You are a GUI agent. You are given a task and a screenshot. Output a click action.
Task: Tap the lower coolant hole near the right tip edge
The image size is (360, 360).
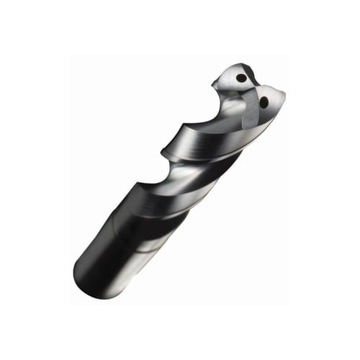(264, 102)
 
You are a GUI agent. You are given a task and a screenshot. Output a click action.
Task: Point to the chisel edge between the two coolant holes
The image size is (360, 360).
(252, 90)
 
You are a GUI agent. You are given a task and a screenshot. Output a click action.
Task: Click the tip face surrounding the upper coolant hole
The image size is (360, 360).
(233, 75)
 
